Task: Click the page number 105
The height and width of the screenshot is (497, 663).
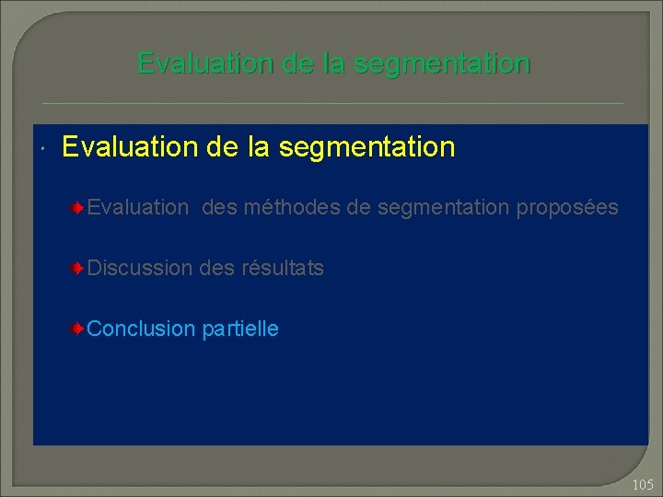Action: (x=643, y=484)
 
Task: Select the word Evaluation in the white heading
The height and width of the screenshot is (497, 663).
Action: (x=123, y=147)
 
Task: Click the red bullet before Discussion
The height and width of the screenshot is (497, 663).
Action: (x=81, y=269)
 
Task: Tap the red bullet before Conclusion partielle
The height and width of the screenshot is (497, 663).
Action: (x=81, y=329)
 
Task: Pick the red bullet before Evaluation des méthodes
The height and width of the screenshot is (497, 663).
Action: (x=81, y=209)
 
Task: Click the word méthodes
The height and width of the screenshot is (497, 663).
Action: (x=291, y=209)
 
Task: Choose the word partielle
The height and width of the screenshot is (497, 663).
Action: (x=240, y=329)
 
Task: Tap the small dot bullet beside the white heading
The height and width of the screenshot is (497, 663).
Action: (x=43, y=150)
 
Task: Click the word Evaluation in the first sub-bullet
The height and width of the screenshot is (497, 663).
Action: (x=137, y=209)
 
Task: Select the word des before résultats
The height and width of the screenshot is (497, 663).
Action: (x=217, y=269)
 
